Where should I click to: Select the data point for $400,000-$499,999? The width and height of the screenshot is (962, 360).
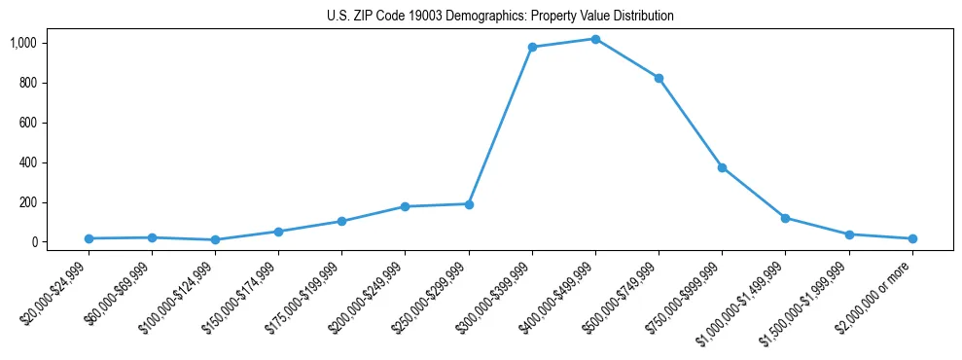coord(595,39)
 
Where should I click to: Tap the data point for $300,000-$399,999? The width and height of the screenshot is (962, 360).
coord(532,47)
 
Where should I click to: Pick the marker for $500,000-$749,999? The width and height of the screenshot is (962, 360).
coord(659,78)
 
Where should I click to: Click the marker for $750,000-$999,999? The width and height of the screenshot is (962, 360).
coord(722,167)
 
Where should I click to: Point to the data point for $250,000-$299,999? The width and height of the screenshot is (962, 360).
coord(469,204)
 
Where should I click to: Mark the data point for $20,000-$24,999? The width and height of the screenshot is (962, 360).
coord(89,238)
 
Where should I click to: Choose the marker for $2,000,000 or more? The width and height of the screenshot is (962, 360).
coord(912,238)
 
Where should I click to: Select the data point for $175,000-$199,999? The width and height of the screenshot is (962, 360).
coord(341,221)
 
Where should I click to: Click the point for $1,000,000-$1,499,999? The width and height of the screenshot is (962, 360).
coord(785,218)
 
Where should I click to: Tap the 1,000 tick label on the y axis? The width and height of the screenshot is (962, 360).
coord(51,43)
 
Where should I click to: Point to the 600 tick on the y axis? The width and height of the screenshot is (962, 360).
coord(55,123)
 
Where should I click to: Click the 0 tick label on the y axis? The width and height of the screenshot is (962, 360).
coord(61,242)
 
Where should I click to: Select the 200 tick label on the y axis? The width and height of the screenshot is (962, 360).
coord(55,202)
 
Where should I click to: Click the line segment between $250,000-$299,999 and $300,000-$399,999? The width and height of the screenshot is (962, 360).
coord(501,126)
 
